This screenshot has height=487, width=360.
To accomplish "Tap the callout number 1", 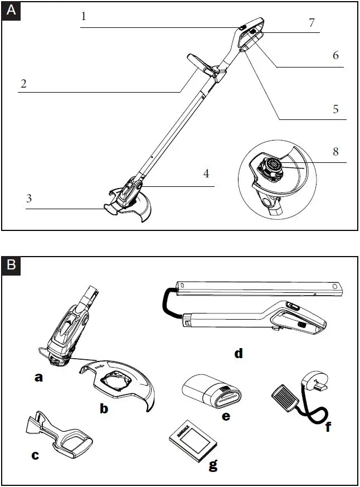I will [84, 16].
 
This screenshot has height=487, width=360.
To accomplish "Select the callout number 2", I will [23, 84].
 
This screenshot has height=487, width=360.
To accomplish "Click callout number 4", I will [206, 173].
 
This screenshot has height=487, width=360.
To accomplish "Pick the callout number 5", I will [335, 109].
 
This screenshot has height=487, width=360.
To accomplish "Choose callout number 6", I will [335, 56].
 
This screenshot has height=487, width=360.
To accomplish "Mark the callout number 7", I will [312, 23].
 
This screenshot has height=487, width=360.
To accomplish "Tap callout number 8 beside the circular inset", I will [335, 151].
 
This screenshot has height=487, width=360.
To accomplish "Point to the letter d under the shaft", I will [239, 353].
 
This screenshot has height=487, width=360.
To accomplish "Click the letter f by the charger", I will [328, 427].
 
